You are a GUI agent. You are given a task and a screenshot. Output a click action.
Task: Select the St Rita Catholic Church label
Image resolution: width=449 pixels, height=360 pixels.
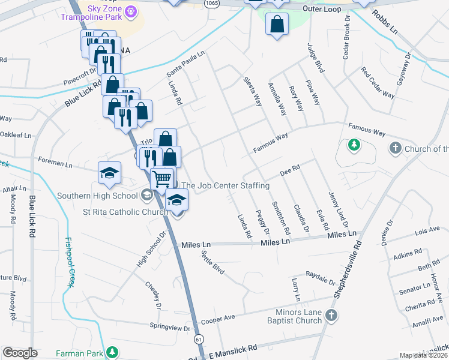[x=125, y=212]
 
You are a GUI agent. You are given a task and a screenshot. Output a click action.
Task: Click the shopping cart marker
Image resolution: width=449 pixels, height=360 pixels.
[x=161, y=178]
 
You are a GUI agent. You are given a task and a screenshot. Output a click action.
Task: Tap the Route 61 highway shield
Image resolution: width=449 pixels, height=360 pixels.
[x=198, y=340]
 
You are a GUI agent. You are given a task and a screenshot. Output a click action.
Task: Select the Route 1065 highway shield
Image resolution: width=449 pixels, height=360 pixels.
[x=211, y=3]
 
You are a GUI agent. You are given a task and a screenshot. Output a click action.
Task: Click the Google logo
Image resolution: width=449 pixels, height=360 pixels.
[x=20, y=353]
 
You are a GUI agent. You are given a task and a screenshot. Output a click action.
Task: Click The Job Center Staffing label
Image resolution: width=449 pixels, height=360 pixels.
[x=225, y=186]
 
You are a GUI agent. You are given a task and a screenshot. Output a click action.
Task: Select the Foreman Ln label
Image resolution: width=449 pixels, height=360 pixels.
[x=55, y=162]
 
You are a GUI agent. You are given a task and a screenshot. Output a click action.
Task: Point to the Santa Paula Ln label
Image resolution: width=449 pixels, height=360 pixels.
[x=185, y=64]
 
